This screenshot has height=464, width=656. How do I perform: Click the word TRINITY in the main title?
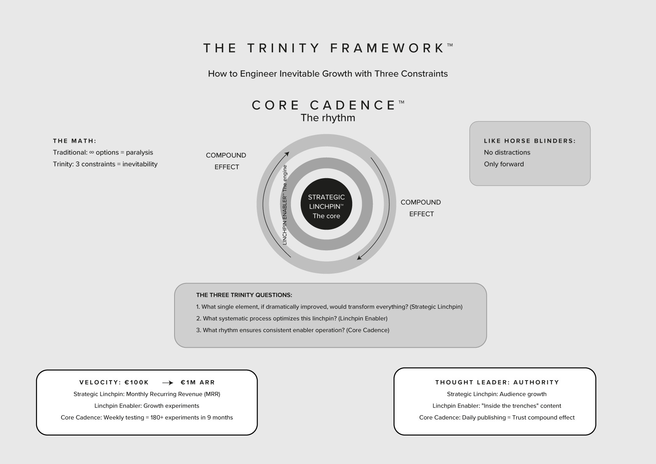(283, 48)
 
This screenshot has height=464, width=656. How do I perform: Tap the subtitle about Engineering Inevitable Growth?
(328, 74)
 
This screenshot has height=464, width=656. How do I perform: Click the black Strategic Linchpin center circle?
(326, 204)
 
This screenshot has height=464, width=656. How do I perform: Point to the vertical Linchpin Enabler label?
(285, 205)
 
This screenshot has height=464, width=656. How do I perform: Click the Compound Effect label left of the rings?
(226, 161)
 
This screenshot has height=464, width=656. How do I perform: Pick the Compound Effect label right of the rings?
(421, 208)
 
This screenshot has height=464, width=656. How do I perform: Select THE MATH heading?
(75, 141)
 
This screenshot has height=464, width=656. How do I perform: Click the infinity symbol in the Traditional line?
(92, 152)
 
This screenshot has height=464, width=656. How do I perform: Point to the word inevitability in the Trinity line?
(140, 164)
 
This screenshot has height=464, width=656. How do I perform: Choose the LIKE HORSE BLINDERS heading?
(529, 141)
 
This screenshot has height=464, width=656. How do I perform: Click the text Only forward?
(504, 164)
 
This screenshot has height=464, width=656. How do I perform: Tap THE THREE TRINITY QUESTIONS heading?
(244, 295)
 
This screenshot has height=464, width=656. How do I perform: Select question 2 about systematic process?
(292, 319)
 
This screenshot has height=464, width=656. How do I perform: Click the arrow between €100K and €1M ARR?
(168, 383)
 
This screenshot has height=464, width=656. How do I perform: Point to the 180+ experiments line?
(147, 418)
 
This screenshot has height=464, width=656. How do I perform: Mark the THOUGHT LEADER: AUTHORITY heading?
(497, 383)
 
